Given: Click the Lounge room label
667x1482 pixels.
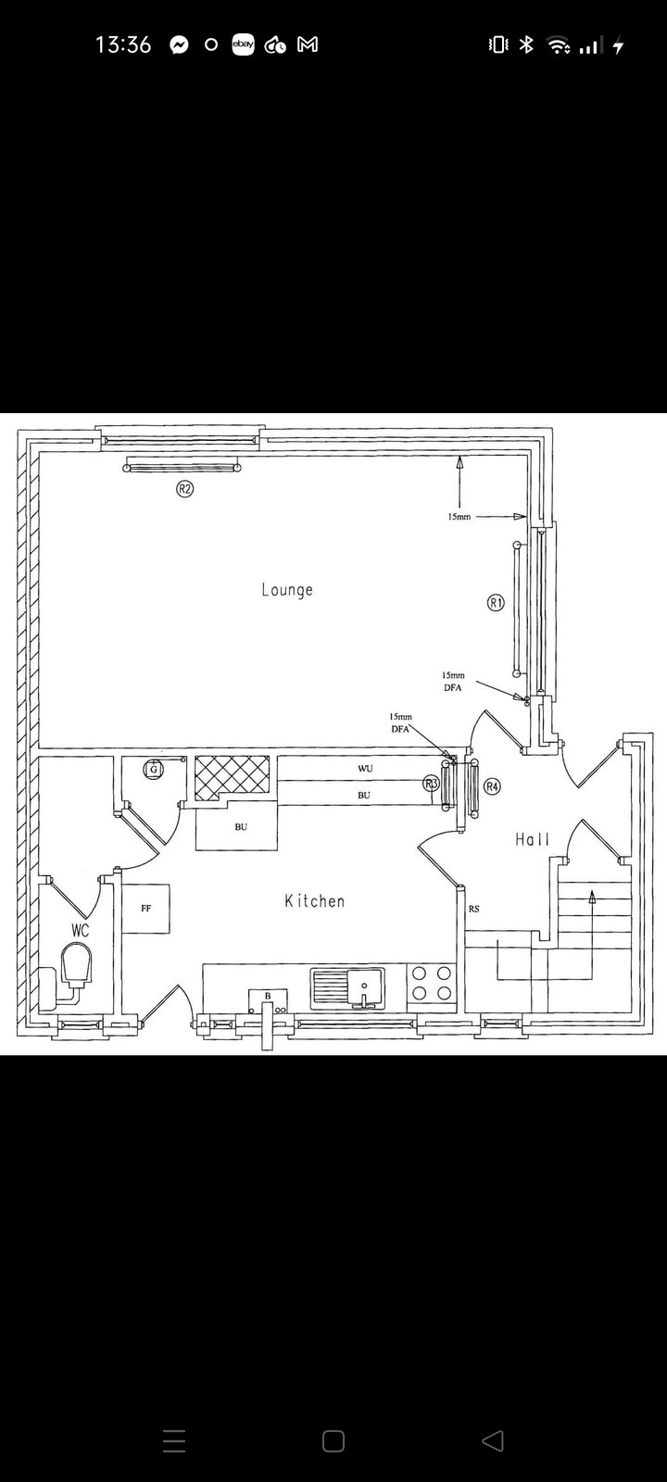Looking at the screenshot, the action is point(287,589).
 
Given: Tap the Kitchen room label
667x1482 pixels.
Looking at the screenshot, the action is point(314,900).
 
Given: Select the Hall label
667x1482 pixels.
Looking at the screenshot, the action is point(533,839).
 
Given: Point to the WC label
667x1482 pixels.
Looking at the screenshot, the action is point(80,930).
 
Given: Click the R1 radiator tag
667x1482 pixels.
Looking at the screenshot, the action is point(496,603).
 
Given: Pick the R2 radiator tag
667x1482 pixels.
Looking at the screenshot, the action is point(184,489).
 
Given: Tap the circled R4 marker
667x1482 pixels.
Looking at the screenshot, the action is point(492,786).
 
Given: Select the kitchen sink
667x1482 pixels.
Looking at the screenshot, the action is point(347,988).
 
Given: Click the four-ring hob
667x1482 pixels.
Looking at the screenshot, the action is point(432,983).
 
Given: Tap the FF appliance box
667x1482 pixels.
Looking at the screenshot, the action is point(145,909).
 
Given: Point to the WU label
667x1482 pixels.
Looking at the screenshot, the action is point(365,768).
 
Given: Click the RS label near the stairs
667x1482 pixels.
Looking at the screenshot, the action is point(473,909).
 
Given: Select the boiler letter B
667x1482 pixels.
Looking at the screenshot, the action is point(268,996).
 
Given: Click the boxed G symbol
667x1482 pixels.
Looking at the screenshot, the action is point(154,770).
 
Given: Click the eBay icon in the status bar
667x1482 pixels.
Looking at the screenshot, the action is point(243,44).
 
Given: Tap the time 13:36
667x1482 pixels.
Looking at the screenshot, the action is point(123,44).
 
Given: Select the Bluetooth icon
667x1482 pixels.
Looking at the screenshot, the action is point(526,44).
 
